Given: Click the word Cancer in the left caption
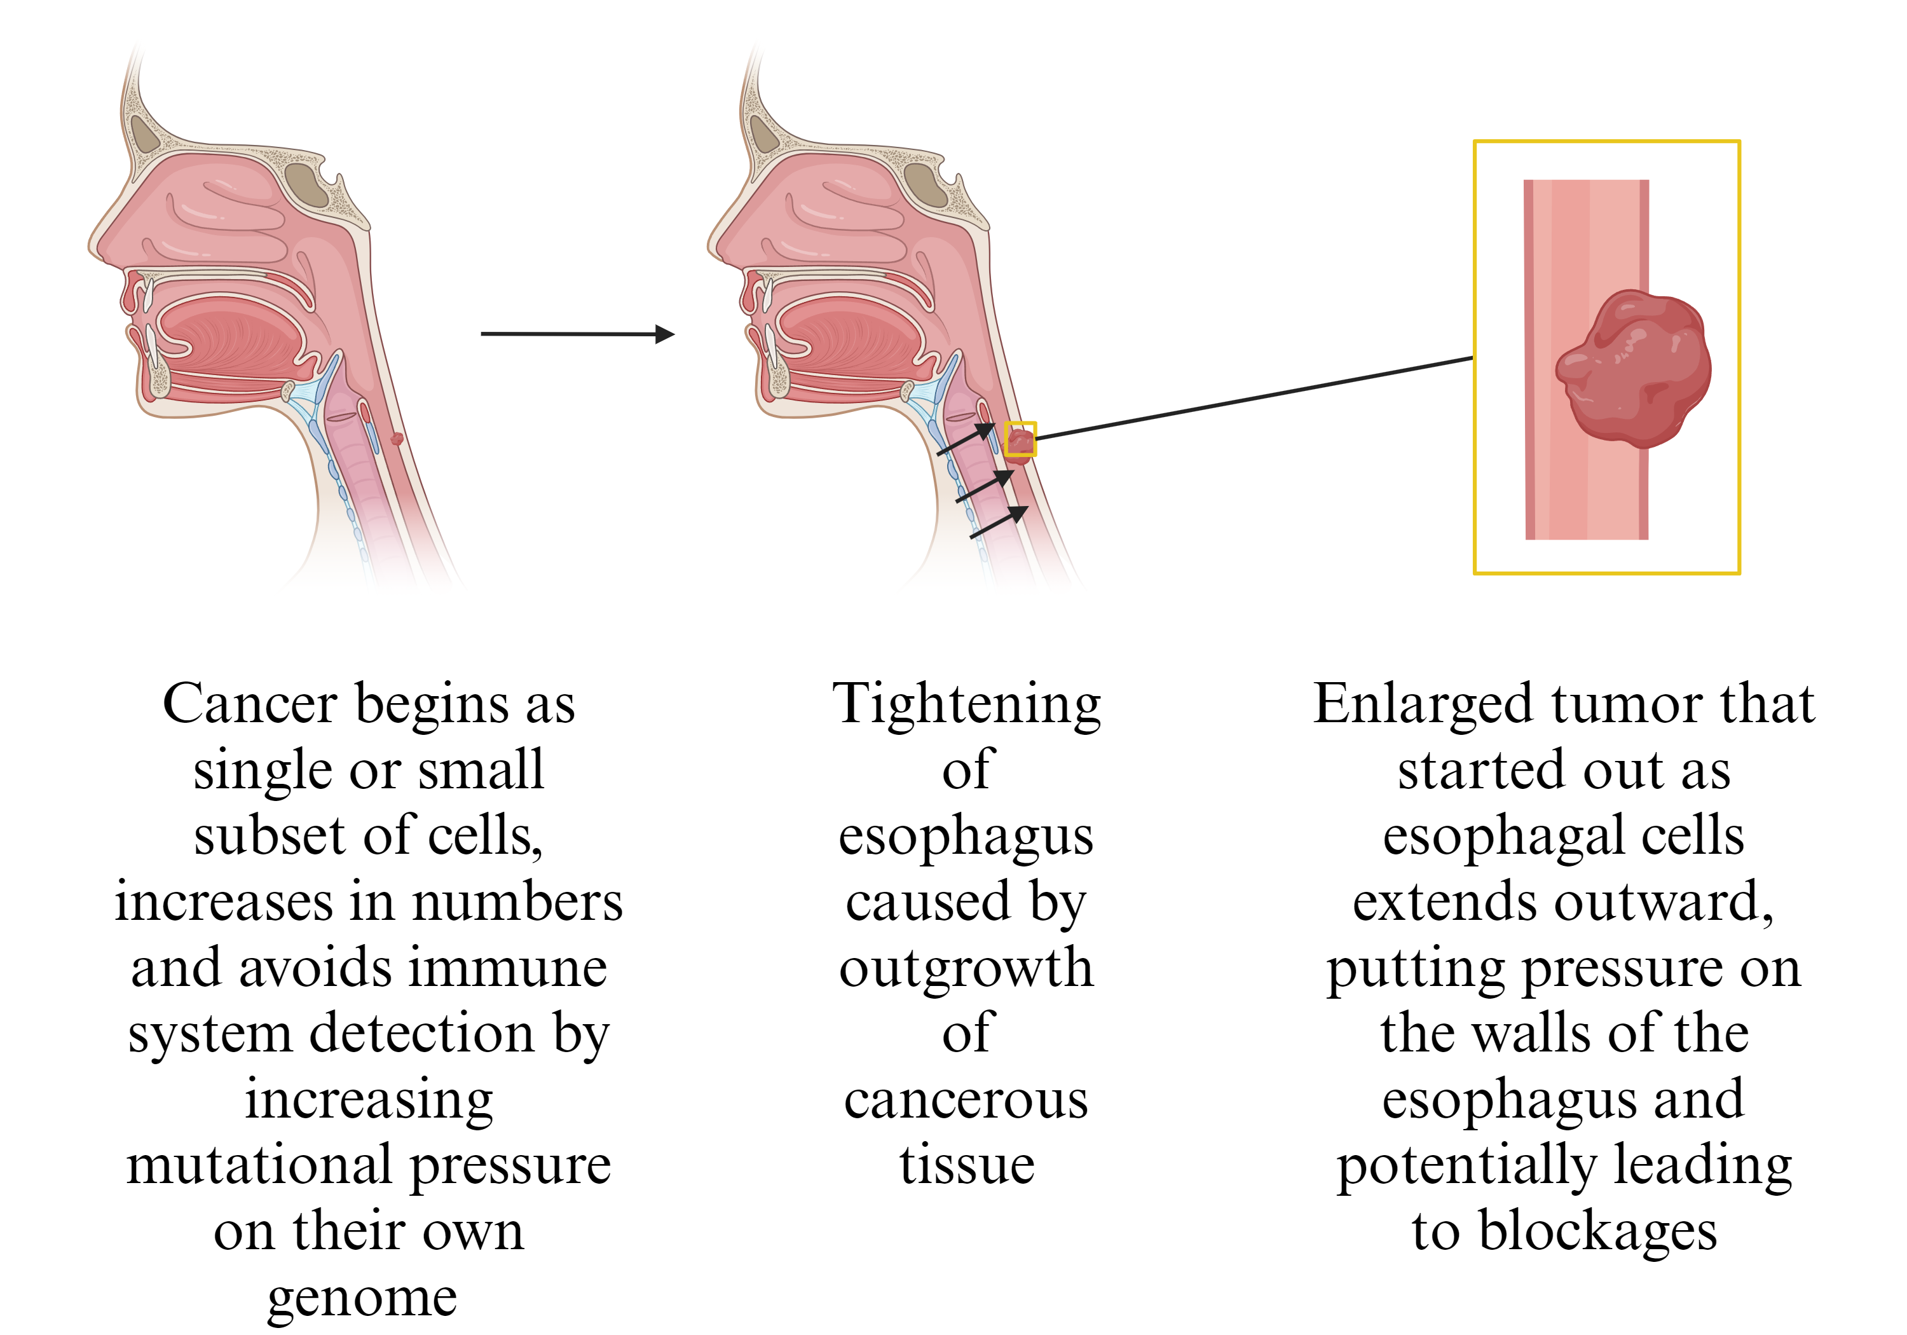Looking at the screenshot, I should click(x=252, y=704).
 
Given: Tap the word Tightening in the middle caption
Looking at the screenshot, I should click(x=967, y=704).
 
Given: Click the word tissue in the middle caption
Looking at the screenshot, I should click(x=967, y=1164).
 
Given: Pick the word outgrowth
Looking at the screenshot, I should click(x=967, y=968).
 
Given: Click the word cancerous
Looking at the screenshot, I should click(x=967, y=1100).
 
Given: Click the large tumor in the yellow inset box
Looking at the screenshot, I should click(x=1632, y=367).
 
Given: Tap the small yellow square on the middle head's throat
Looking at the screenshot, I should click(x=1020, y=439).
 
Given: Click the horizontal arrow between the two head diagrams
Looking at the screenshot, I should click(x=577, y=334).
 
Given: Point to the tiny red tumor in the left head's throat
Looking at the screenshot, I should click(x=397, y=438).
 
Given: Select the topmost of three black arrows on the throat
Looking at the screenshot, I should click(x=966, y=439).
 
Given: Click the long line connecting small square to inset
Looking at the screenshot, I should click(x=1254, y=397).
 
